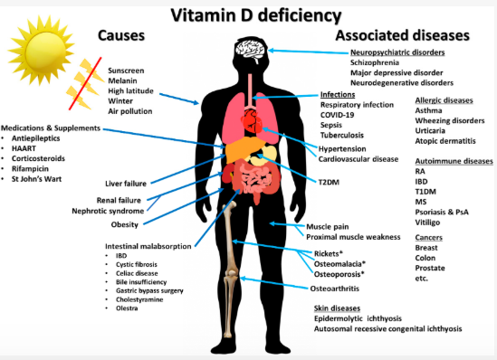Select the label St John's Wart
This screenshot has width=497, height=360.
point(43,179)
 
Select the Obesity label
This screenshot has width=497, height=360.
point(125,224)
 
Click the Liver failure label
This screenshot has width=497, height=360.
point(125,184)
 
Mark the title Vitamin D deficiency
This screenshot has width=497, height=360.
point(247,14)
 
